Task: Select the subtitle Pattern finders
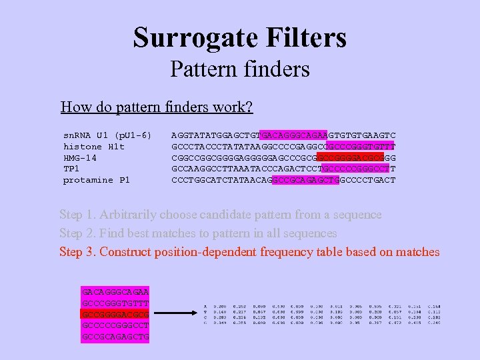pyautogui.click(x=240, y=69)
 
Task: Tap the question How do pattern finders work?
pyautogui.click(x=157, y=107)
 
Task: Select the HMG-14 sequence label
pyautogui.click(x=80, y=157)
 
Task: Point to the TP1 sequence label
pyautogui.click(x=71, y=169)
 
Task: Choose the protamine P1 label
pyautogui.click(x=97, y=180)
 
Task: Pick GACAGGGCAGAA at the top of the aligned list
pyautogui.click(x=115, y=292)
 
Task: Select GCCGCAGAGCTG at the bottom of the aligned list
pyautogui.click(x=115, y=337)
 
